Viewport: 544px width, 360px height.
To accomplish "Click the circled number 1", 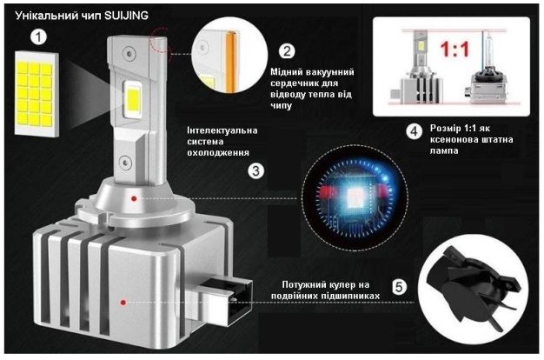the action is (38, 37).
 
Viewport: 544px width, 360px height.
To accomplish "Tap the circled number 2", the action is (288, 51).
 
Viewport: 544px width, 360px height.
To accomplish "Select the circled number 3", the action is (256, 170).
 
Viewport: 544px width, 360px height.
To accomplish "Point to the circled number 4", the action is (415, 132).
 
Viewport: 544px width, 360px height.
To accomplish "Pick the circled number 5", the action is (399, 287).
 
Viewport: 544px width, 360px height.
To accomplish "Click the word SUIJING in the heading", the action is (126, 16).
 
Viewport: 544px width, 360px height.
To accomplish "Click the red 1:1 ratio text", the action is (454, 50).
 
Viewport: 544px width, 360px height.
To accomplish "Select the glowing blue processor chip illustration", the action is (355, 198).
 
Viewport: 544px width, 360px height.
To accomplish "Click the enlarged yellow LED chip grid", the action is (36, 94).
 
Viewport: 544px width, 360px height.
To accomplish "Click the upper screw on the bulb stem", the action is (129, 54).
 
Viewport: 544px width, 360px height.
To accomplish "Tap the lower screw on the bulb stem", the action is (125, 163).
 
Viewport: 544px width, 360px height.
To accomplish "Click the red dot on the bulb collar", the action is (134, 198).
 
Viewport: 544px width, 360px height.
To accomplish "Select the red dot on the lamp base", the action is (123, 303).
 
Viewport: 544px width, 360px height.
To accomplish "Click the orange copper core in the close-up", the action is (230, 62).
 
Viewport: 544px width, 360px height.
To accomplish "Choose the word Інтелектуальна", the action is (222, 130).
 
